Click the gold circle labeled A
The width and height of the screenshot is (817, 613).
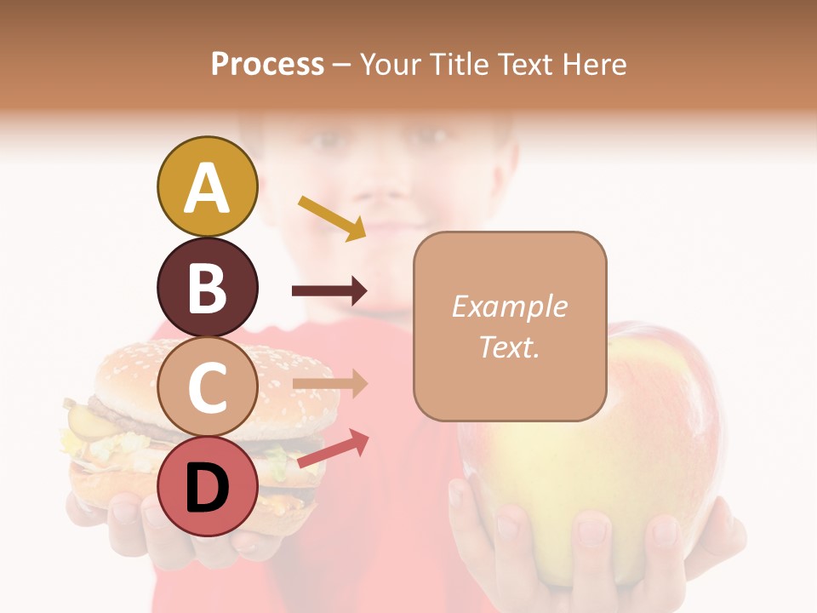coord(207,186)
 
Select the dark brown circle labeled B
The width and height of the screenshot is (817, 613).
coord(207,287)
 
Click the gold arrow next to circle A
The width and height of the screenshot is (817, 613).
coord(332,217)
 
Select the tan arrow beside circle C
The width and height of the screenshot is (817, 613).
coord(330,384)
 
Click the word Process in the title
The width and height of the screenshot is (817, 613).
coord(267,64)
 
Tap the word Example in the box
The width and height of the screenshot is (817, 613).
coord(509,306)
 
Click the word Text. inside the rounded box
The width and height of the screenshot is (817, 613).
coord(509,347)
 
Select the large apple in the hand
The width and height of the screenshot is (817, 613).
coord(596,443)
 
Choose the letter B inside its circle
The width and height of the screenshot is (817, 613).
coord(207,288)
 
